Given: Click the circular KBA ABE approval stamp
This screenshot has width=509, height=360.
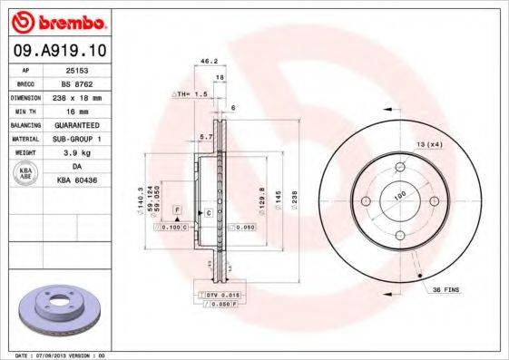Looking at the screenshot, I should [26, 173].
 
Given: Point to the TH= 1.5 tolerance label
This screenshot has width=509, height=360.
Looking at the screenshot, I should [183, 93].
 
